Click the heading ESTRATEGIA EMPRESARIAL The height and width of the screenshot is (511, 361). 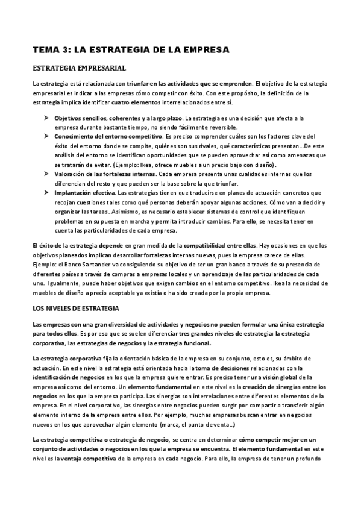[x=79, y=68]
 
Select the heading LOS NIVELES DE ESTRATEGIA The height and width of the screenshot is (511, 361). [x=75, y=309]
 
